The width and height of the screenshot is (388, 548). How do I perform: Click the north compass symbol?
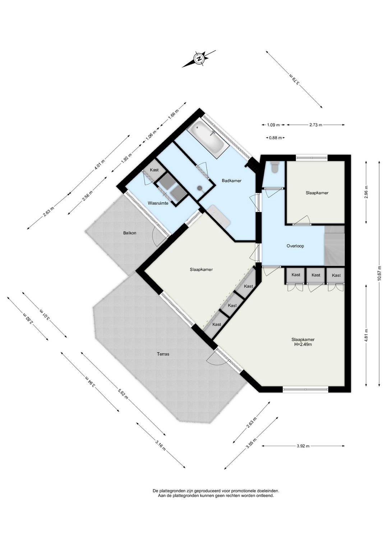click(x=199, y=59)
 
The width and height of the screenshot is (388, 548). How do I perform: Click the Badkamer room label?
click(x=232, y=181)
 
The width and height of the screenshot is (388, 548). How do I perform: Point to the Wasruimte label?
click(x=158, y=203)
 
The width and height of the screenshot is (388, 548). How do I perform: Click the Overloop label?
click(x=295, y=246)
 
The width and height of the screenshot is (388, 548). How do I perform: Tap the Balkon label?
click(x=130, y=233)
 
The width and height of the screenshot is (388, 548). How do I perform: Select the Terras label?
click(x=163, y=354)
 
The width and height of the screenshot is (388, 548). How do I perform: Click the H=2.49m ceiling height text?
click(x=303, y=344)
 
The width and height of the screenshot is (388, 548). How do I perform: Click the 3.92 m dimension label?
click(x=303, y=446)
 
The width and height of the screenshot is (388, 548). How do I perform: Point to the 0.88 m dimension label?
click(x=276, y=138)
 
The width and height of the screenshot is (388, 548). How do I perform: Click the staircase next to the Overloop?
click(x=334, y=246)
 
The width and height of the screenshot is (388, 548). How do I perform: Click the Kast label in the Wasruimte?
click(x=154, y=170)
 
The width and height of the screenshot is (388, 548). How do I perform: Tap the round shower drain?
click(x=200, y=188)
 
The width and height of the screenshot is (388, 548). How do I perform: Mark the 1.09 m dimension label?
click(x=273, y=125)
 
